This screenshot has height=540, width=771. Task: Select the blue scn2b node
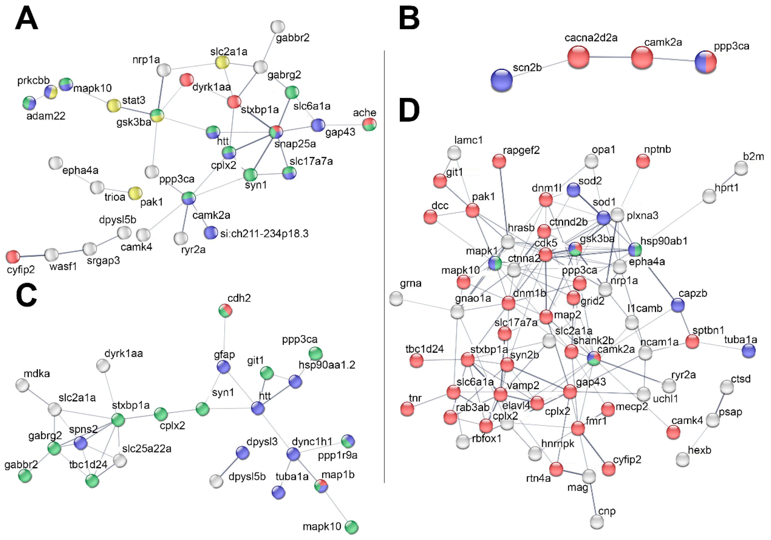pyautogui.click(x=501, y=80)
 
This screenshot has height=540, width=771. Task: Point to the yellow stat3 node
pyautogui.click(x=114, y=105)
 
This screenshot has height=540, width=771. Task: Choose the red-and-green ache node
pyautogui.click(x=369, y=124)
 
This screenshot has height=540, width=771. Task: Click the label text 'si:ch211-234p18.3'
pyautogui.click(x=264, y=233)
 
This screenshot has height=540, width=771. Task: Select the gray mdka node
pyautogui.click(x=22, y=385)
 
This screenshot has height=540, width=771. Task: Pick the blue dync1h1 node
pyautogui.click(x=293, y=454)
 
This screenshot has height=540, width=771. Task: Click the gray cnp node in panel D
pyautogui.click(x=597, y=522)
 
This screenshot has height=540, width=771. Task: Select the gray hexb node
pyautogui.click(x=682, y=459)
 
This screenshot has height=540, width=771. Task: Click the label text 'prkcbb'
pyautogui.click(x=33, y=80)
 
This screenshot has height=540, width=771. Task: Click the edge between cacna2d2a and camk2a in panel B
pyautogui.click(x=610, y=57)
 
